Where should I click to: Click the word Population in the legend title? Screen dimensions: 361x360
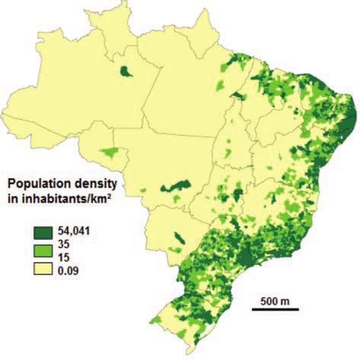[39, 184]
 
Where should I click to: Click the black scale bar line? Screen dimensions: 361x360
[275, 309]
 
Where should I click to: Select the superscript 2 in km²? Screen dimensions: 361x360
[123, 196]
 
